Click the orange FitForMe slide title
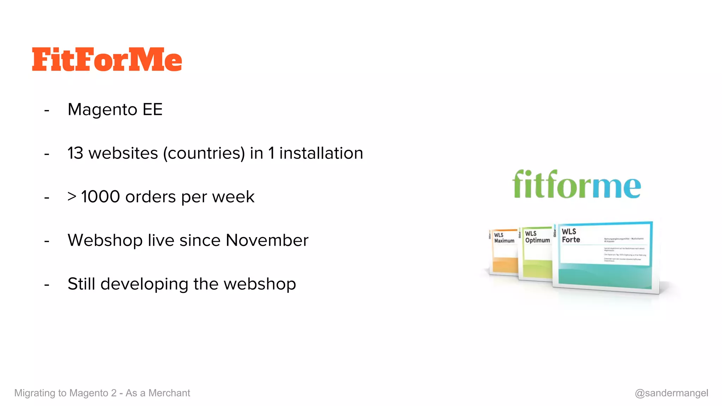(107, 60)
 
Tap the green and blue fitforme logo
(576, 185)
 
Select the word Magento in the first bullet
(102, 110)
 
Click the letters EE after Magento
(152, 110)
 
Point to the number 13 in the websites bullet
(75, 153)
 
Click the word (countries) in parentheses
(204, 154)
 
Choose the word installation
(321, 153)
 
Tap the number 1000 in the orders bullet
(100, 197)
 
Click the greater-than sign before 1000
(72, 197)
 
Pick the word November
(267, 240)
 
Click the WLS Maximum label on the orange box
(504, 238)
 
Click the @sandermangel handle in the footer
(671, 393)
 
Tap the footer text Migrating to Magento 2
(66, 393)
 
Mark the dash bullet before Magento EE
(47, 111)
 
